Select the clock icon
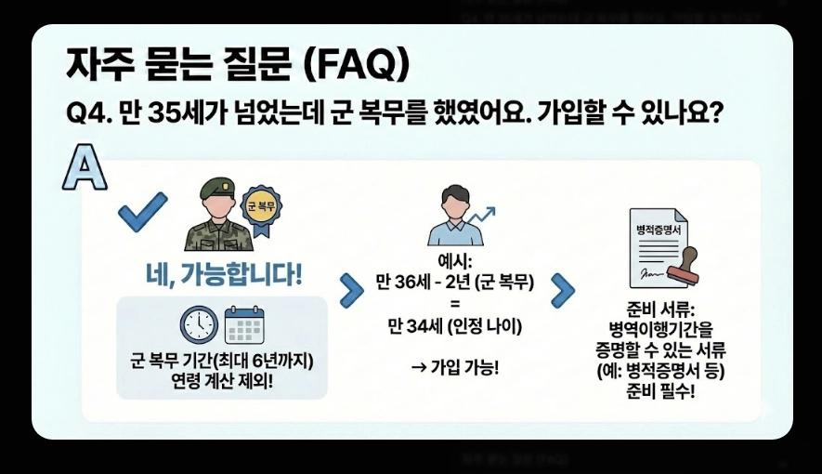198,323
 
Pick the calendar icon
244,324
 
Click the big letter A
84,168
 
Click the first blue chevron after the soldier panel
351,291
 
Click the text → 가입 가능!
454,367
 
